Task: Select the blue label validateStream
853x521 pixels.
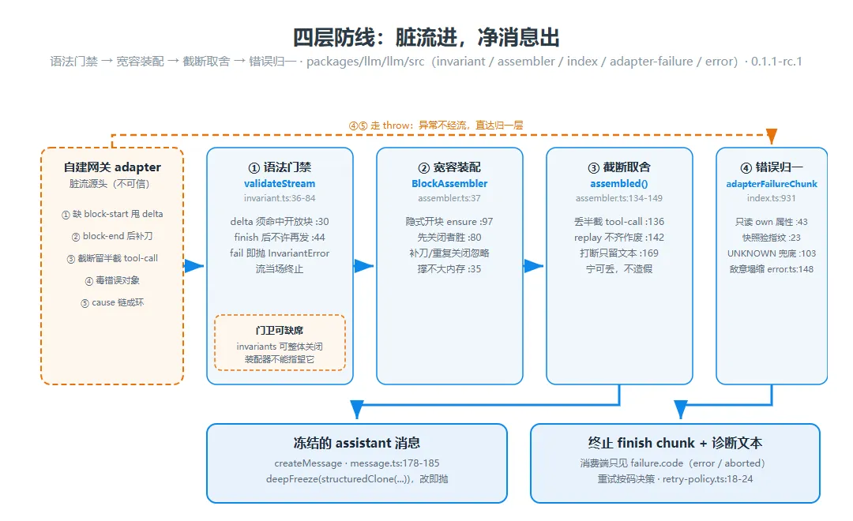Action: (280, 184)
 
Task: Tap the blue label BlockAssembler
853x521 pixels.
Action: (449, 184)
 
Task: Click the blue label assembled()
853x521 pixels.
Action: (619, 184)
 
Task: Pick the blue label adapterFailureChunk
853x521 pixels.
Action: (772, 184)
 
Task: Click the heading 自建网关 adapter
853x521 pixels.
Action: (112, 167)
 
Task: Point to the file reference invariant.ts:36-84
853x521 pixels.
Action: (280, 198)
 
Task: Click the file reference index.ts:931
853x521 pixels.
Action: (772, 198)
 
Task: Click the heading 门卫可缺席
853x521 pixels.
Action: (280, 331)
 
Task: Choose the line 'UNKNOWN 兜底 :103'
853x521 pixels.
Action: (772, 253)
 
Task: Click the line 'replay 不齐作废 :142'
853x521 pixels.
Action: (619, 238)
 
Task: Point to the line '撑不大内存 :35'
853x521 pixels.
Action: (449, 269)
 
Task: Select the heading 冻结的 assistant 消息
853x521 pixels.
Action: (357, 443)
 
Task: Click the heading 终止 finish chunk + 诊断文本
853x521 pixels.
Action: (675, 443)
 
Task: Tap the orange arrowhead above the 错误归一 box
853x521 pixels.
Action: (772, 136)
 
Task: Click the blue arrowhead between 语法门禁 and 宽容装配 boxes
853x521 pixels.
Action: (363, 266)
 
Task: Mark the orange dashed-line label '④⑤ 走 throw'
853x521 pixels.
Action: (380, 126)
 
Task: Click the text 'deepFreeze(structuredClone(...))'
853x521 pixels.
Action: (338, 479)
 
